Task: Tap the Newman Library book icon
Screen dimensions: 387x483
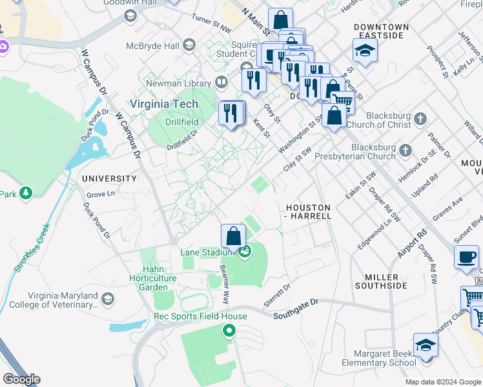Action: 221,83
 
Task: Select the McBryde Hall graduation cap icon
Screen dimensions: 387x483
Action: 189,45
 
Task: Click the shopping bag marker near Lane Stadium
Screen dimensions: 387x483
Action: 234,237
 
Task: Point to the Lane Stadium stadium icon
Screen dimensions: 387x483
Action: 244,252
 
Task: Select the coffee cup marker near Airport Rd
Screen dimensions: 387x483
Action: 466,257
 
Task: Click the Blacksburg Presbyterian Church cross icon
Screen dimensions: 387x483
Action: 405,150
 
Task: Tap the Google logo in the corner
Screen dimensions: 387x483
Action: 21,379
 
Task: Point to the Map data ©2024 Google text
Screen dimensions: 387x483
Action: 442,382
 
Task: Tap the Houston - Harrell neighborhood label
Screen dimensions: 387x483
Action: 308,212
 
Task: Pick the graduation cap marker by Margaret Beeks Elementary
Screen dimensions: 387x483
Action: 426,345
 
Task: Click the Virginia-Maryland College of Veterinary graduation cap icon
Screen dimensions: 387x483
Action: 108,298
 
